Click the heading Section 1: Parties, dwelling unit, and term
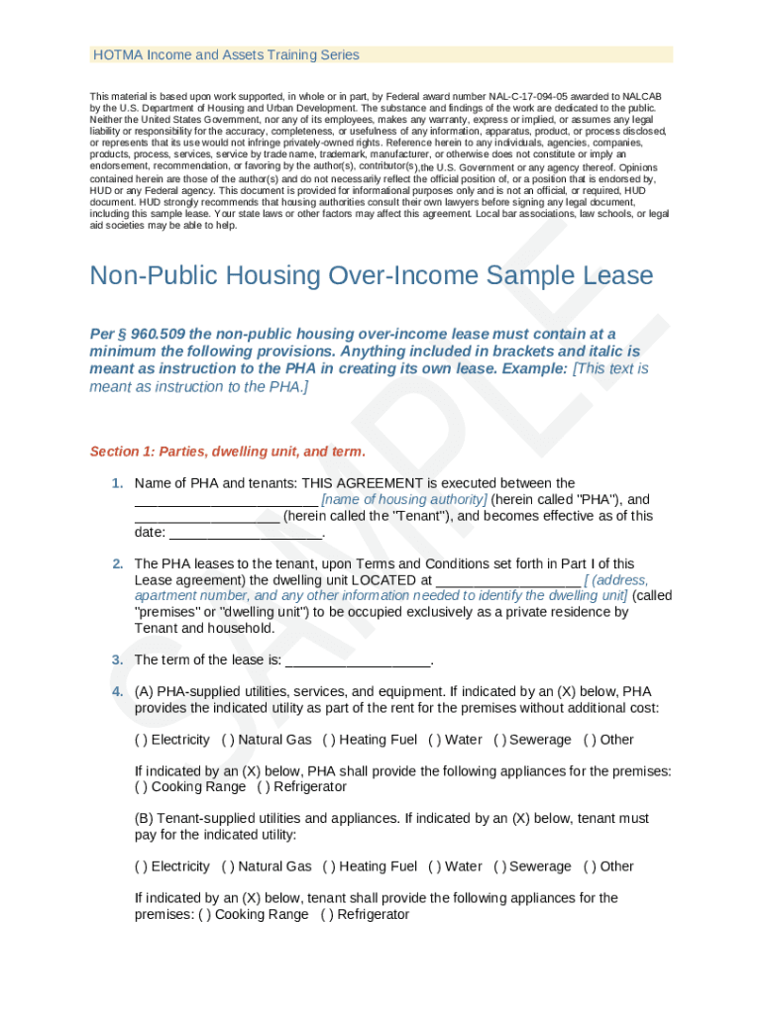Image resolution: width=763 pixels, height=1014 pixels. point(228,452)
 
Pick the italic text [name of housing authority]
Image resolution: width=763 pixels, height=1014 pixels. point(404,500)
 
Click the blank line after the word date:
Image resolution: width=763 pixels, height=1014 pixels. point(247,533)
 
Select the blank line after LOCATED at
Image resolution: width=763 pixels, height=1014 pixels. point(507,580)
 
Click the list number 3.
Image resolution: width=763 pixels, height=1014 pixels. point(117,660)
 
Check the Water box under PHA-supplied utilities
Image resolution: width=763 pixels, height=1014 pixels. point(434,740)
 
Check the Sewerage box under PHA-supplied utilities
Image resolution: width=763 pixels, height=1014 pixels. point(499,740)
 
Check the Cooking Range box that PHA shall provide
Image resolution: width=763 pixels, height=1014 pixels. point(141,787)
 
